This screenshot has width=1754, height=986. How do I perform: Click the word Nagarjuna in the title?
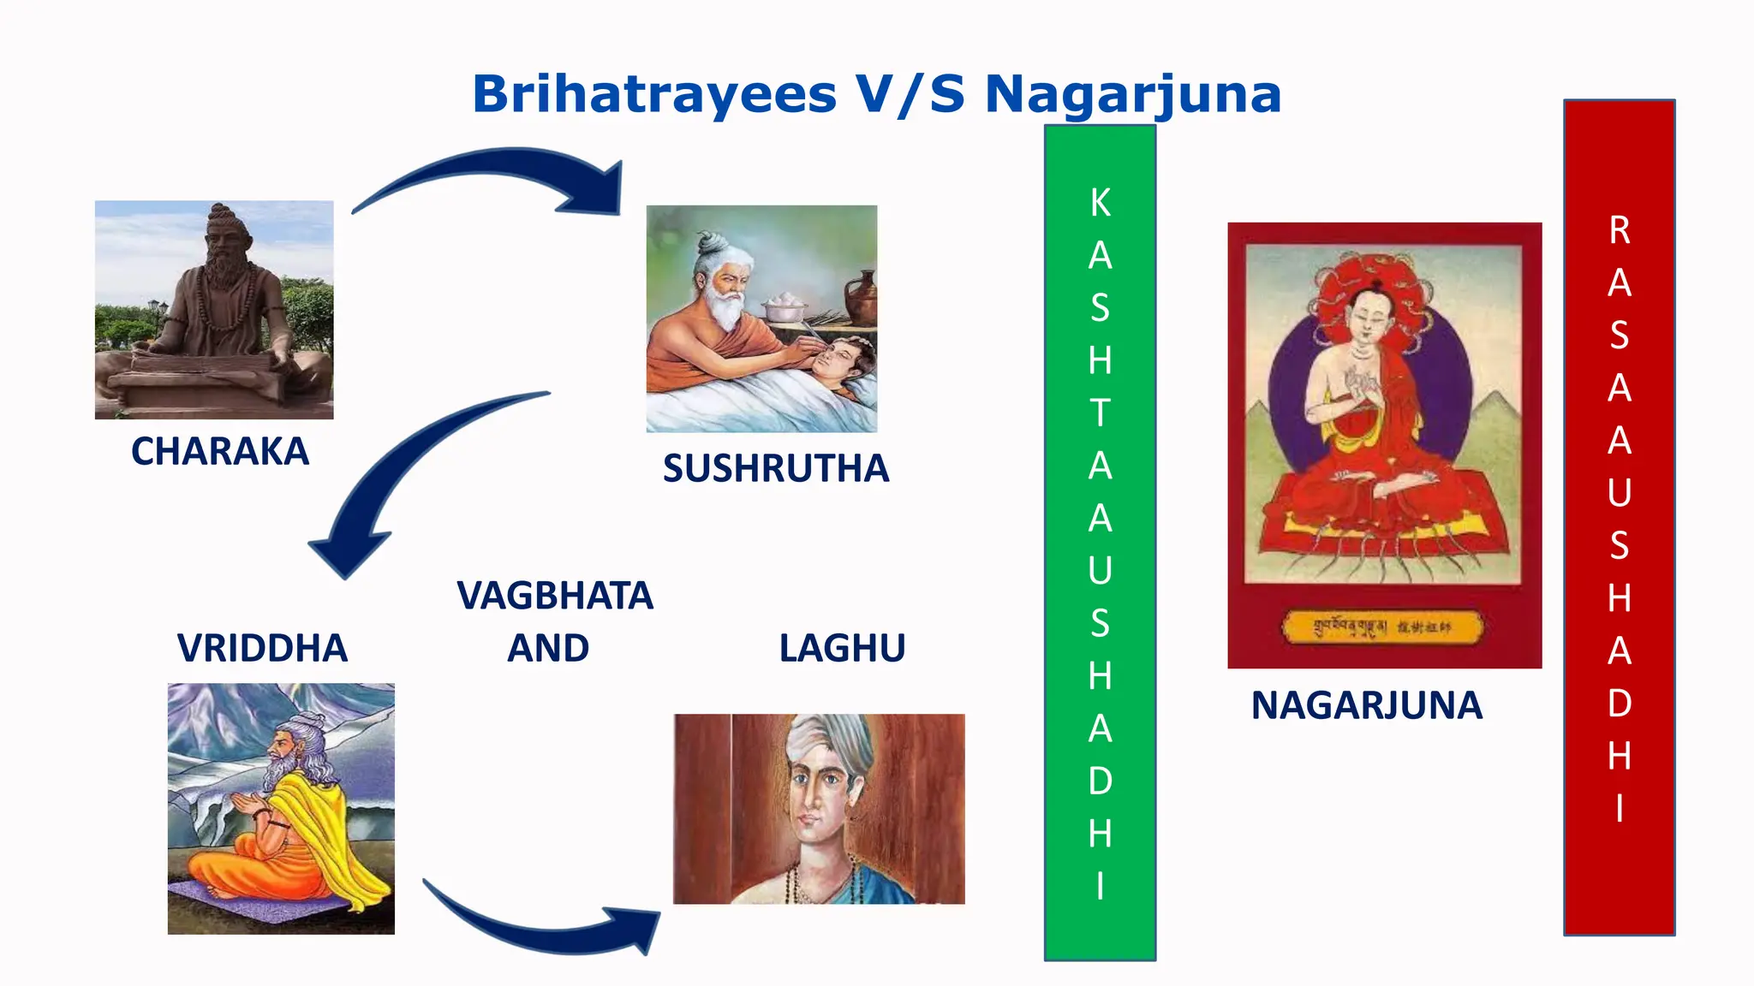tap(1132, 94)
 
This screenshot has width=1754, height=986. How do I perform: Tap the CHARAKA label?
tap(219, 451)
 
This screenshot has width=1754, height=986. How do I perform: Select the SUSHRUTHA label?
tap(776, 468)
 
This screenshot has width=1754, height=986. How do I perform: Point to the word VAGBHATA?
tap(555, 596)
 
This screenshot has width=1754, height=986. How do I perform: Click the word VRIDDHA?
tap(262, 648)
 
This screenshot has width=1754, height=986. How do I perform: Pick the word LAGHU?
tap(842, 648)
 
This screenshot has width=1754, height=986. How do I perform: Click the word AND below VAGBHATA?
tap(548, 648)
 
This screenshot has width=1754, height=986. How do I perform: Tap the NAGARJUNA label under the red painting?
tap(1366, 705)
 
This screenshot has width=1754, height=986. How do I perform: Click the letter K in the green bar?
tap(1101, 203)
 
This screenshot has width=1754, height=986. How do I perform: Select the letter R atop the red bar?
tap(1619, 230)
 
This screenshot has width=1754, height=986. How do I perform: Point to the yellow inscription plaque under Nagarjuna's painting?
tap(1382, 627)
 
